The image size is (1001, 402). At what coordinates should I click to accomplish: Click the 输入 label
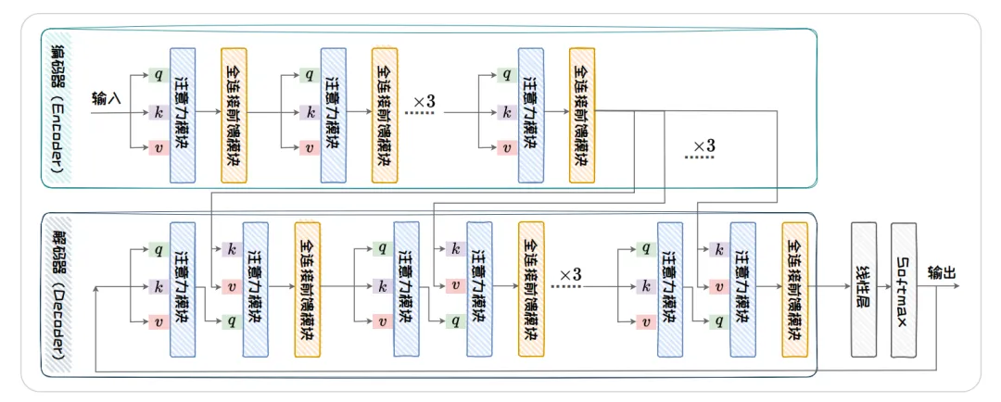[106, 97]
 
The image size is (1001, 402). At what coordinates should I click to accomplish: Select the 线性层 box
[864, 289]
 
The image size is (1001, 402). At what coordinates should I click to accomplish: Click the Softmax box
[904, 289]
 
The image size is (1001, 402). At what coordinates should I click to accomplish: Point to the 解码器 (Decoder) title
[55, 294]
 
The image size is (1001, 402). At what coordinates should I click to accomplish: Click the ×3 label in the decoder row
[570, 275]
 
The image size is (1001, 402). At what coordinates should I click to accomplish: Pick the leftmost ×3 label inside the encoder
[424, 100]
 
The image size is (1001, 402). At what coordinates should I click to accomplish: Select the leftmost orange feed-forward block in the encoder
[234, 114]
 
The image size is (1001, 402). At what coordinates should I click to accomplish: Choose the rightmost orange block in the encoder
[582, 114]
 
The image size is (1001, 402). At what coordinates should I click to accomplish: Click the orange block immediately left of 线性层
[794, 290]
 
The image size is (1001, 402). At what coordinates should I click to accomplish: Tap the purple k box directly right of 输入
[160, 113]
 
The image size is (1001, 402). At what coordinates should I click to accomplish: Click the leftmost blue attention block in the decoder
[183, 289]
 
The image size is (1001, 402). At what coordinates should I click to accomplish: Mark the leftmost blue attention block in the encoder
[183, 114]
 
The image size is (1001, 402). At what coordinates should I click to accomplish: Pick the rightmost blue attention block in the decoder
[742, 289]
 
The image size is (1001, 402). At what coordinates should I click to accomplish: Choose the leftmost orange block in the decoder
[307, 290]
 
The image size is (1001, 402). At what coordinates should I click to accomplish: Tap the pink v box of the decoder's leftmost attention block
[160, 322]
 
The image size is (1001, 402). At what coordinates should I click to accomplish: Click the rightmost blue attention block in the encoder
[531, 114]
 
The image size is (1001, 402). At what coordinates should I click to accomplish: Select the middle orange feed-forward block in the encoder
[384, 114]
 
